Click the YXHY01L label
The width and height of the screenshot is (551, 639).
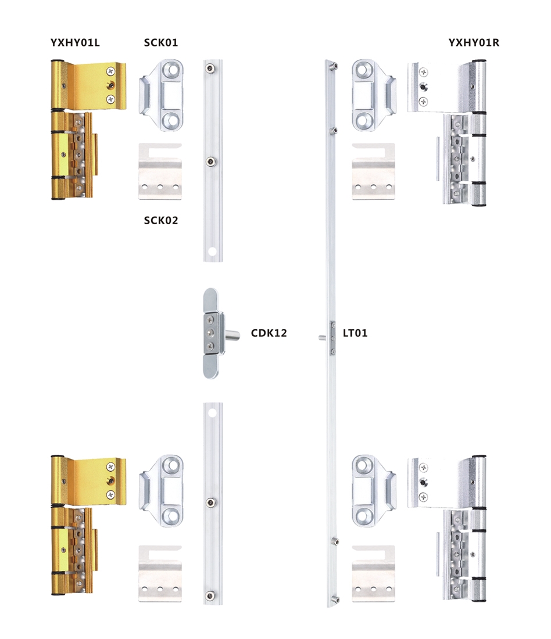click(75, 43)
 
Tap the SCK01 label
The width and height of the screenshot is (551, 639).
click(160, 43)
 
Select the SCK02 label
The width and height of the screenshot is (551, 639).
click(160, 221)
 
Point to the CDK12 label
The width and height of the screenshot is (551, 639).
click(269, 333)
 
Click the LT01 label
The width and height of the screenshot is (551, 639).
click(355, 333)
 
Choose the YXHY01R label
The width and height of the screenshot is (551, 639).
click(474, 43)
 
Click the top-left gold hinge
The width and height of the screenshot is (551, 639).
click(88, 130)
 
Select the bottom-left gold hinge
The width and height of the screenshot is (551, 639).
click(88, 525)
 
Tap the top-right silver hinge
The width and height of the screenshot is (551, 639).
click(447, 133)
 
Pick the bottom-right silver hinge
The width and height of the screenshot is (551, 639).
click(447, 528)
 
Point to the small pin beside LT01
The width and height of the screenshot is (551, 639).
click(323, 338)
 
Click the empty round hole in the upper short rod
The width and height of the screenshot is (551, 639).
click(212, 252)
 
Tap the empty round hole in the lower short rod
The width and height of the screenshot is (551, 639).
click(212, 413)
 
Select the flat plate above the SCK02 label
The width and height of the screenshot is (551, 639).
click(160, 171)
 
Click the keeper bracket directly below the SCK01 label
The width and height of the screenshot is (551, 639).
click(161, 95)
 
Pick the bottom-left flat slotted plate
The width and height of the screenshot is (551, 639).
click(160, 574)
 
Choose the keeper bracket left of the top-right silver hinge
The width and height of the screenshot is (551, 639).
click(374, 95)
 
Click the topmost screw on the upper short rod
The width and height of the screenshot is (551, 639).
click(210, 68)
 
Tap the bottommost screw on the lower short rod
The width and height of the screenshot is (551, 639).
click(210, 596)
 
